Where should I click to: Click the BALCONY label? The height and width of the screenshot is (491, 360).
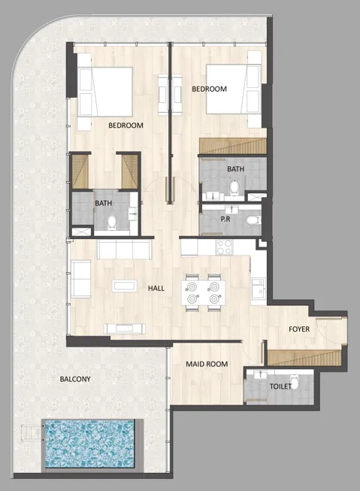click(75, 380)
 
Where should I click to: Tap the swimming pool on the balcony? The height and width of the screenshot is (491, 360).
click(89, 444)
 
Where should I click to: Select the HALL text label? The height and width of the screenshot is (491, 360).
click(156, 288)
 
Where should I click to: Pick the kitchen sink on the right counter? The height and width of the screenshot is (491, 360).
click(257, 287)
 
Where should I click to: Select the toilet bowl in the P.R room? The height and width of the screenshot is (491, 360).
click(253, 220)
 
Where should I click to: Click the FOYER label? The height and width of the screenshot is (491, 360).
click(299, 329)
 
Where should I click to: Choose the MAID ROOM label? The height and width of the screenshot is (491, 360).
click(207, 365)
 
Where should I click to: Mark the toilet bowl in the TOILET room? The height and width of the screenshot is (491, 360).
click(295, 383)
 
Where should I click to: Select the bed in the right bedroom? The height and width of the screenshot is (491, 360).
click(232, 89)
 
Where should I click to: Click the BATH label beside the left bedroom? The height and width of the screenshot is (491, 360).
click(104, 203)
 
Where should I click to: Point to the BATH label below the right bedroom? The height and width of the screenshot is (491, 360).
click(235, 170)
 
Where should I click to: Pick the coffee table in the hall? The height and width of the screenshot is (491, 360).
click(123, 286)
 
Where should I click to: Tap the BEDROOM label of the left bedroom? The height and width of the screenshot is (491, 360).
click(126, 126)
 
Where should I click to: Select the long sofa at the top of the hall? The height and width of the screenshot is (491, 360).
click(124, 250)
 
